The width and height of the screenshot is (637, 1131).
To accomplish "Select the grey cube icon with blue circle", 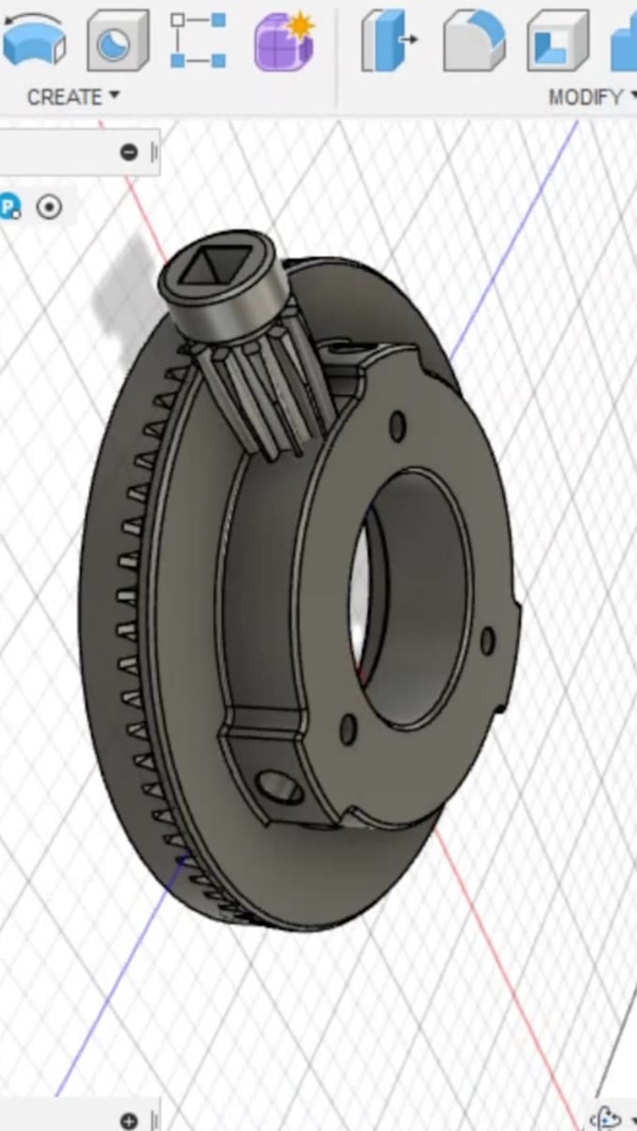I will click(x=117, y=40).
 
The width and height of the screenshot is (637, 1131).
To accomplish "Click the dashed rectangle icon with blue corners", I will click(x=198, y=40).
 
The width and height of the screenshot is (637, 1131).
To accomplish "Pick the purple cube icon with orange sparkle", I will click(x=283, y=40).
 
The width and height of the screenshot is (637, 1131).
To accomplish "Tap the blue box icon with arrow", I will click(x=389, y=40).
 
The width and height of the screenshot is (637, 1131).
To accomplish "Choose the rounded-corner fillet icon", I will click(x=473, y=40).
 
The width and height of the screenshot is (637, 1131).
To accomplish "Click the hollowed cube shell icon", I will click(x=557, y=40).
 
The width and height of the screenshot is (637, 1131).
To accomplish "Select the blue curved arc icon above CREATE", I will click(x=34, y=40).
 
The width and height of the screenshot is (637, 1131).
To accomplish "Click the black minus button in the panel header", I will click(x=129, y=153).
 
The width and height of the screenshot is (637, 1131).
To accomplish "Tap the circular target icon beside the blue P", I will click(x=49, y=207).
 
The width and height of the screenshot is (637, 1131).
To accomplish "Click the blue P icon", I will click(x=9, y=207).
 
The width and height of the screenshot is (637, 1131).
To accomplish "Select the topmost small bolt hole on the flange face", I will click(x=397, y=427).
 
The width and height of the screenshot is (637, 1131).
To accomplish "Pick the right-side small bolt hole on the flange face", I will click(x=487, y=641).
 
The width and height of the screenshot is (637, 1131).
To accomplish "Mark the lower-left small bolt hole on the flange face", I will click(x=348, y=729).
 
